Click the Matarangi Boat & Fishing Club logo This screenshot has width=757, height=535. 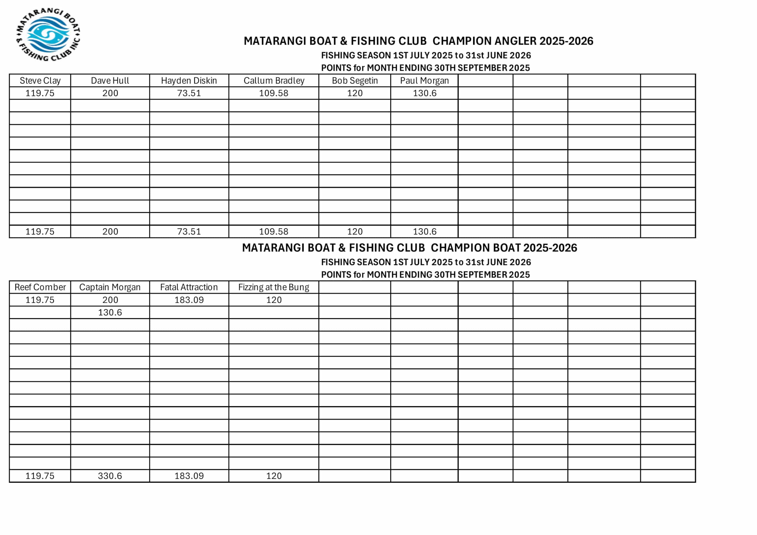(48, 35)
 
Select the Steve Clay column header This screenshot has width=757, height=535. (40, 81)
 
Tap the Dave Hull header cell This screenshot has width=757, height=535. (110, 81)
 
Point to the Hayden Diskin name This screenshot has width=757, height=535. (189, 81)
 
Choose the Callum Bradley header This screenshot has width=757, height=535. (274, 81)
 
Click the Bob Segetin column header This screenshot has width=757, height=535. (355, 81)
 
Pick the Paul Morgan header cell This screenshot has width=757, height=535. (424, 81)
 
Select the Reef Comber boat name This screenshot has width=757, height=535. (40, 287)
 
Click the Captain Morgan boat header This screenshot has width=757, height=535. (110, 287)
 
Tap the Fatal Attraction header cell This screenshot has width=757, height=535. (189, 287)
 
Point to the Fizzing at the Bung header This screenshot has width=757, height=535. (274, 287)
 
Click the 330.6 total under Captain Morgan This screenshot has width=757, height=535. (110, 476)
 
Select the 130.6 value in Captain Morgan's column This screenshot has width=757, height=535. (110, 312)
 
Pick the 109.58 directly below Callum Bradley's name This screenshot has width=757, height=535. (274, 93)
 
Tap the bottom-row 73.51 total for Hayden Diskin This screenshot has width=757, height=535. (189, 232)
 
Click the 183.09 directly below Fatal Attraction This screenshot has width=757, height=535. (189, 300)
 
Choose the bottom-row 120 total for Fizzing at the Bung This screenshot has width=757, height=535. (274, 476)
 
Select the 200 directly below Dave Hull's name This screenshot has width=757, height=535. (110, 93)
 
